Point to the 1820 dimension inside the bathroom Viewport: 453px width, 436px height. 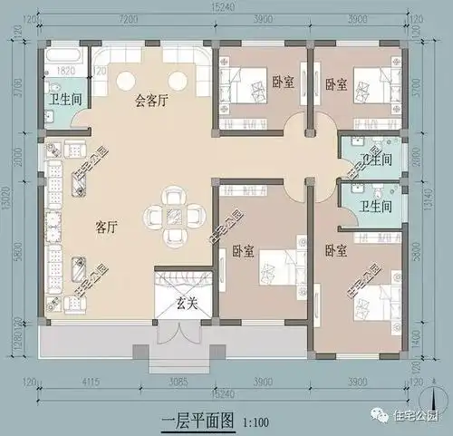(65, 68)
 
